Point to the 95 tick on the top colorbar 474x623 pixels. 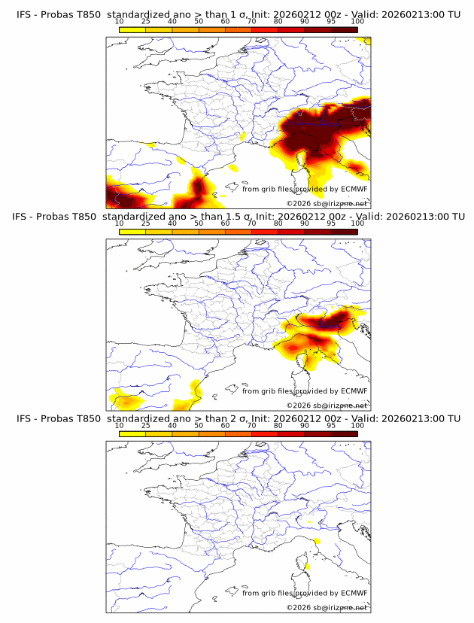click(x=331, y=21)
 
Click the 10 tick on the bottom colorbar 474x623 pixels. click(x=119, y=426)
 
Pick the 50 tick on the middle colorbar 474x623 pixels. click(x=199, y=223)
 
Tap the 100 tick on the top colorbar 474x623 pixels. click(x=357, y=21)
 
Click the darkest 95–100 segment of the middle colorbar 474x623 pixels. click(x=344, y=232)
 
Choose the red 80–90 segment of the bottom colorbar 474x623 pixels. click(x=291, y=433)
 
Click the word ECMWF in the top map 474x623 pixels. click(x=354, y=189)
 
